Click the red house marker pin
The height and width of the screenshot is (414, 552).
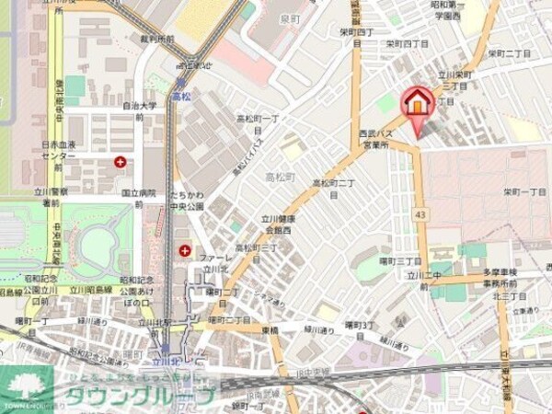(417, 103)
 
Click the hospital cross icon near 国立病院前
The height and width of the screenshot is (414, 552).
(121, 162)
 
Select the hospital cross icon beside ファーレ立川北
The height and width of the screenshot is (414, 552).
(184, 250)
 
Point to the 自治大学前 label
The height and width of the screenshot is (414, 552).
(141, 111)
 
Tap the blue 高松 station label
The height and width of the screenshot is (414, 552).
(180, 95)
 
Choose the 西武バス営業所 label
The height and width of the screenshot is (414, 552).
(377, 140)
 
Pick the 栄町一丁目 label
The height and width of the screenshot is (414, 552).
(523, 191)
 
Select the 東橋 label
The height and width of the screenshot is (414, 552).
(269, 329)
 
